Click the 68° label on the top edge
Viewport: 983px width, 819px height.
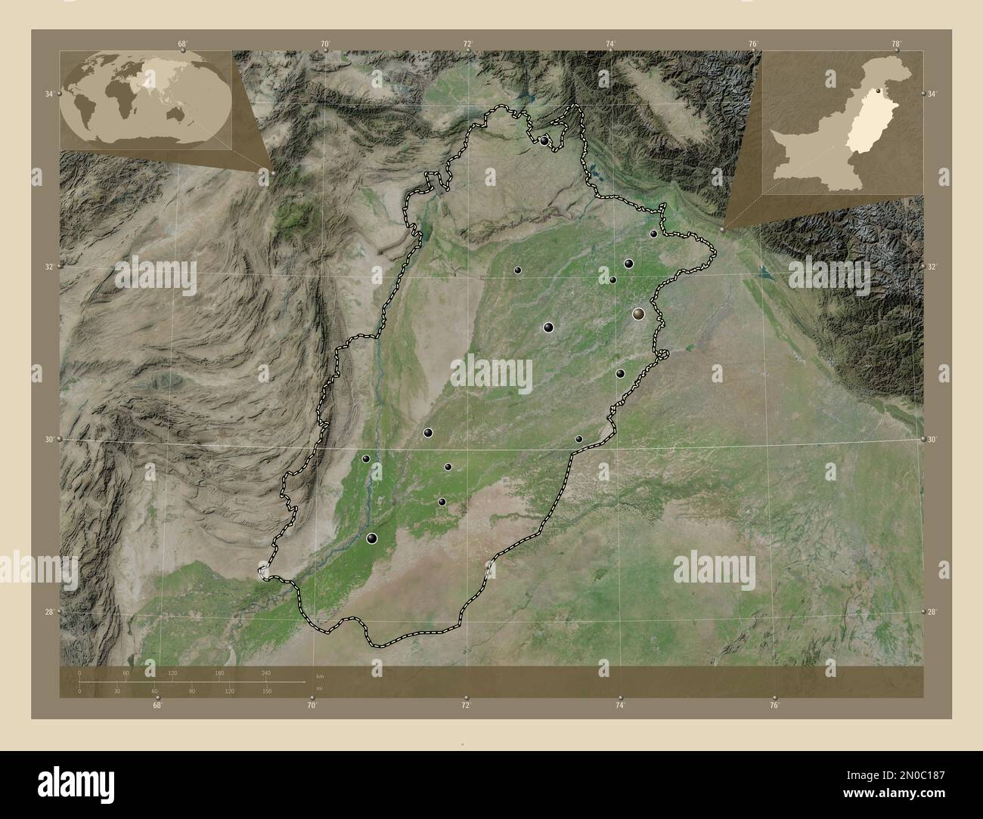click(x=182, y=44)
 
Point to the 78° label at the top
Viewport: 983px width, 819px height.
click(x=896, y=44)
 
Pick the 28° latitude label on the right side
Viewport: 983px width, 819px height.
click(x=932, y=612)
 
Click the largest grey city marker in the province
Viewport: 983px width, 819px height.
click(x=639, y=314)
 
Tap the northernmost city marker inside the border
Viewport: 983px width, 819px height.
click(x=544, y=141)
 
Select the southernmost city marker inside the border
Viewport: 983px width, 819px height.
click(x=372, y=538)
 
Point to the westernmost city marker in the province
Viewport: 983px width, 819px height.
click(x=366, y=459)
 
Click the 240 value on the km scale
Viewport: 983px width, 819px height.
click(x=265, y=672)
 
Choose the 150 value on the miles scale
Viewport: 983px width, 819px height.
click(x=267, y=691)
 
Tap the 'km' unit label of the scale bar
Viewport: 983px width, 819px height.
click(x=320, y=674)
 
